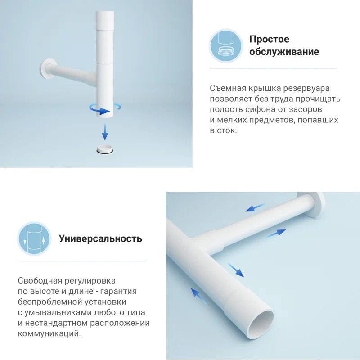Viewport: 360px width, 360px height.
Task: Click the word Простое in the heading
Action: point(269,39)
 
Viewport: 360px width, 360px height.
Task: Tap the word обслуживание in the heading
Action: point(284,52)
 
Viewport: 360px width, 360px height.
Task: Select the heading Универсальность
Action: point(100,239)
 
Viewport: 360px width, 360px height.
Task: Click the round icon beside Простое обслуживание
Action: point(226,46)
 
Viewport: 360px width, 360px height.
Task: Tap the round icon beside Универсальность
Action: point(34,239)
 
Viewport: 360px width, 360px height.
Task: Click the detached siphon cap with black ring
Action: point(105,149)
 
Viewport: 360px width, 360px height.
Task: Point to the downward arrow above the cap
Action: point(105,131)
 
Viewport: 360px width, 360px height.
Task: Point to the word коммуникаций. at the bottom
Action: point(49,333)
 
